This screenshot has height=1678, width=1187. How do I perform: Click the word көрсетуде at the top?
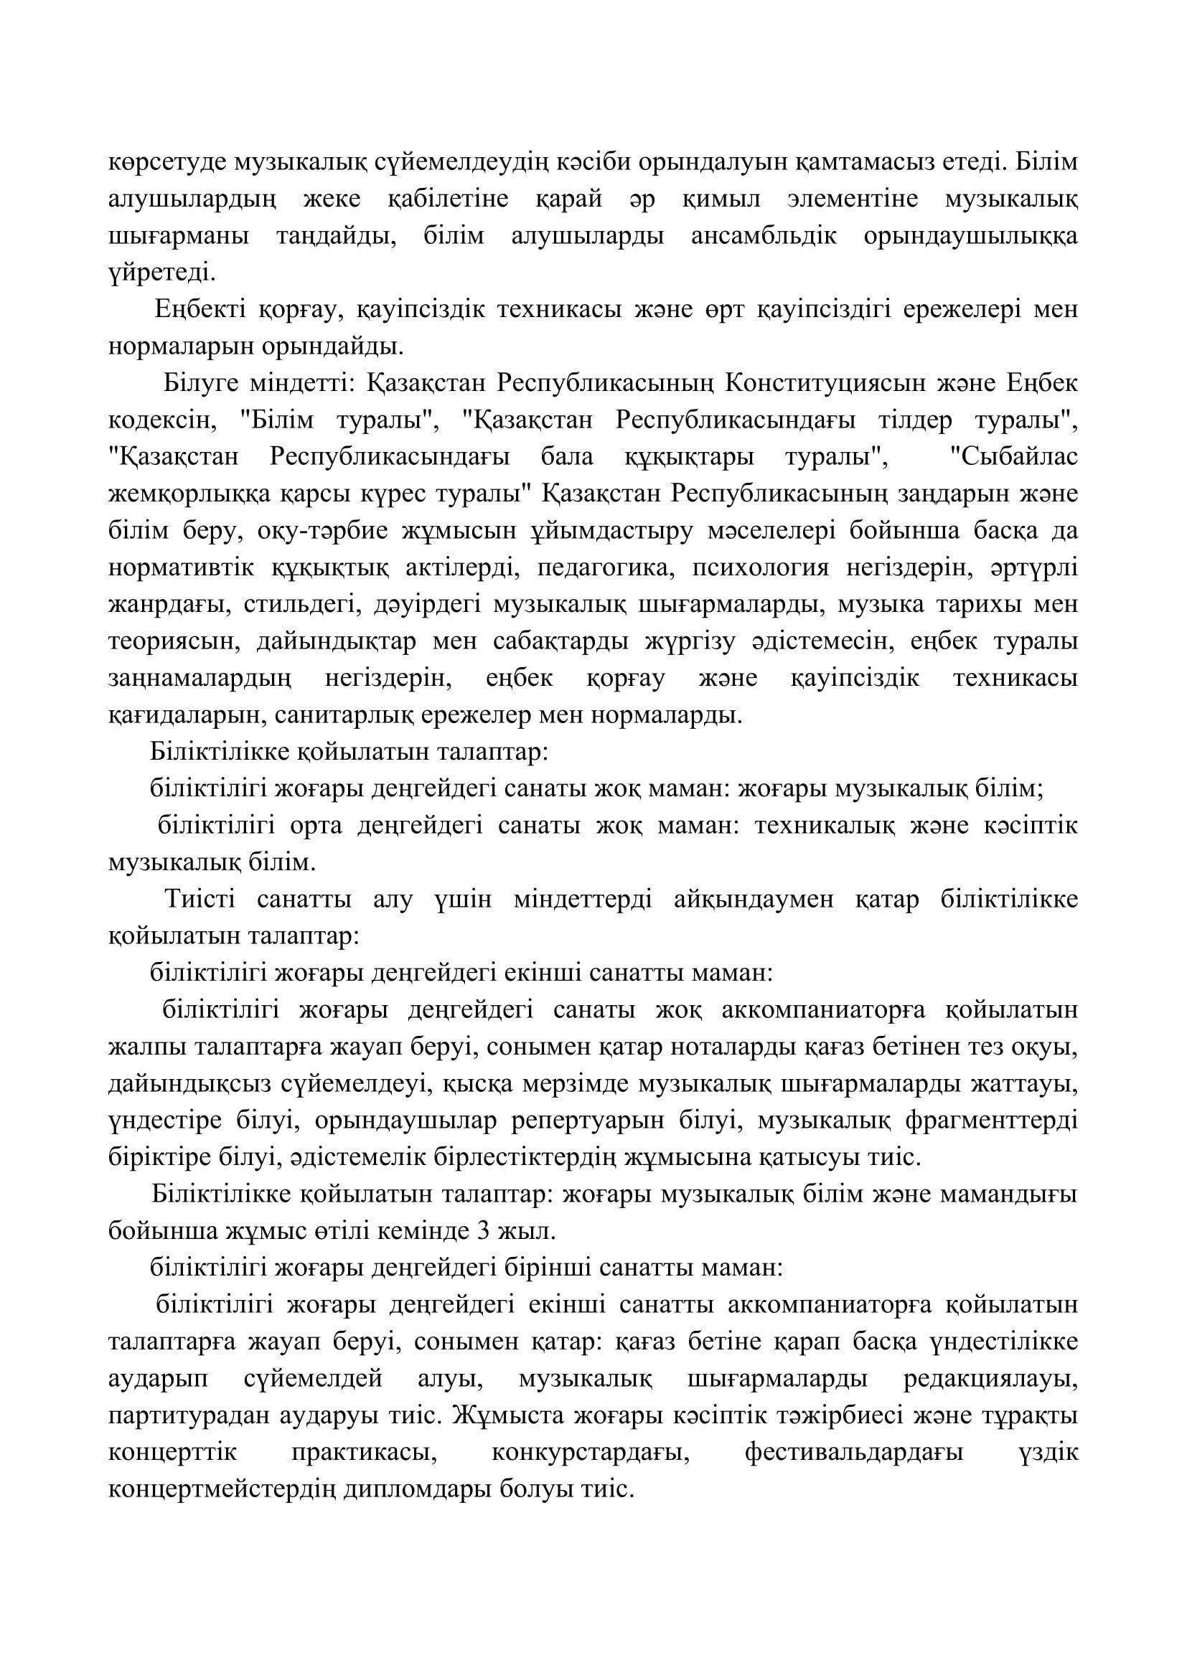166,162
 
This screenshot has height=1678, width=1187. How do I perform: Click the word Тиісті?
200,899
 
